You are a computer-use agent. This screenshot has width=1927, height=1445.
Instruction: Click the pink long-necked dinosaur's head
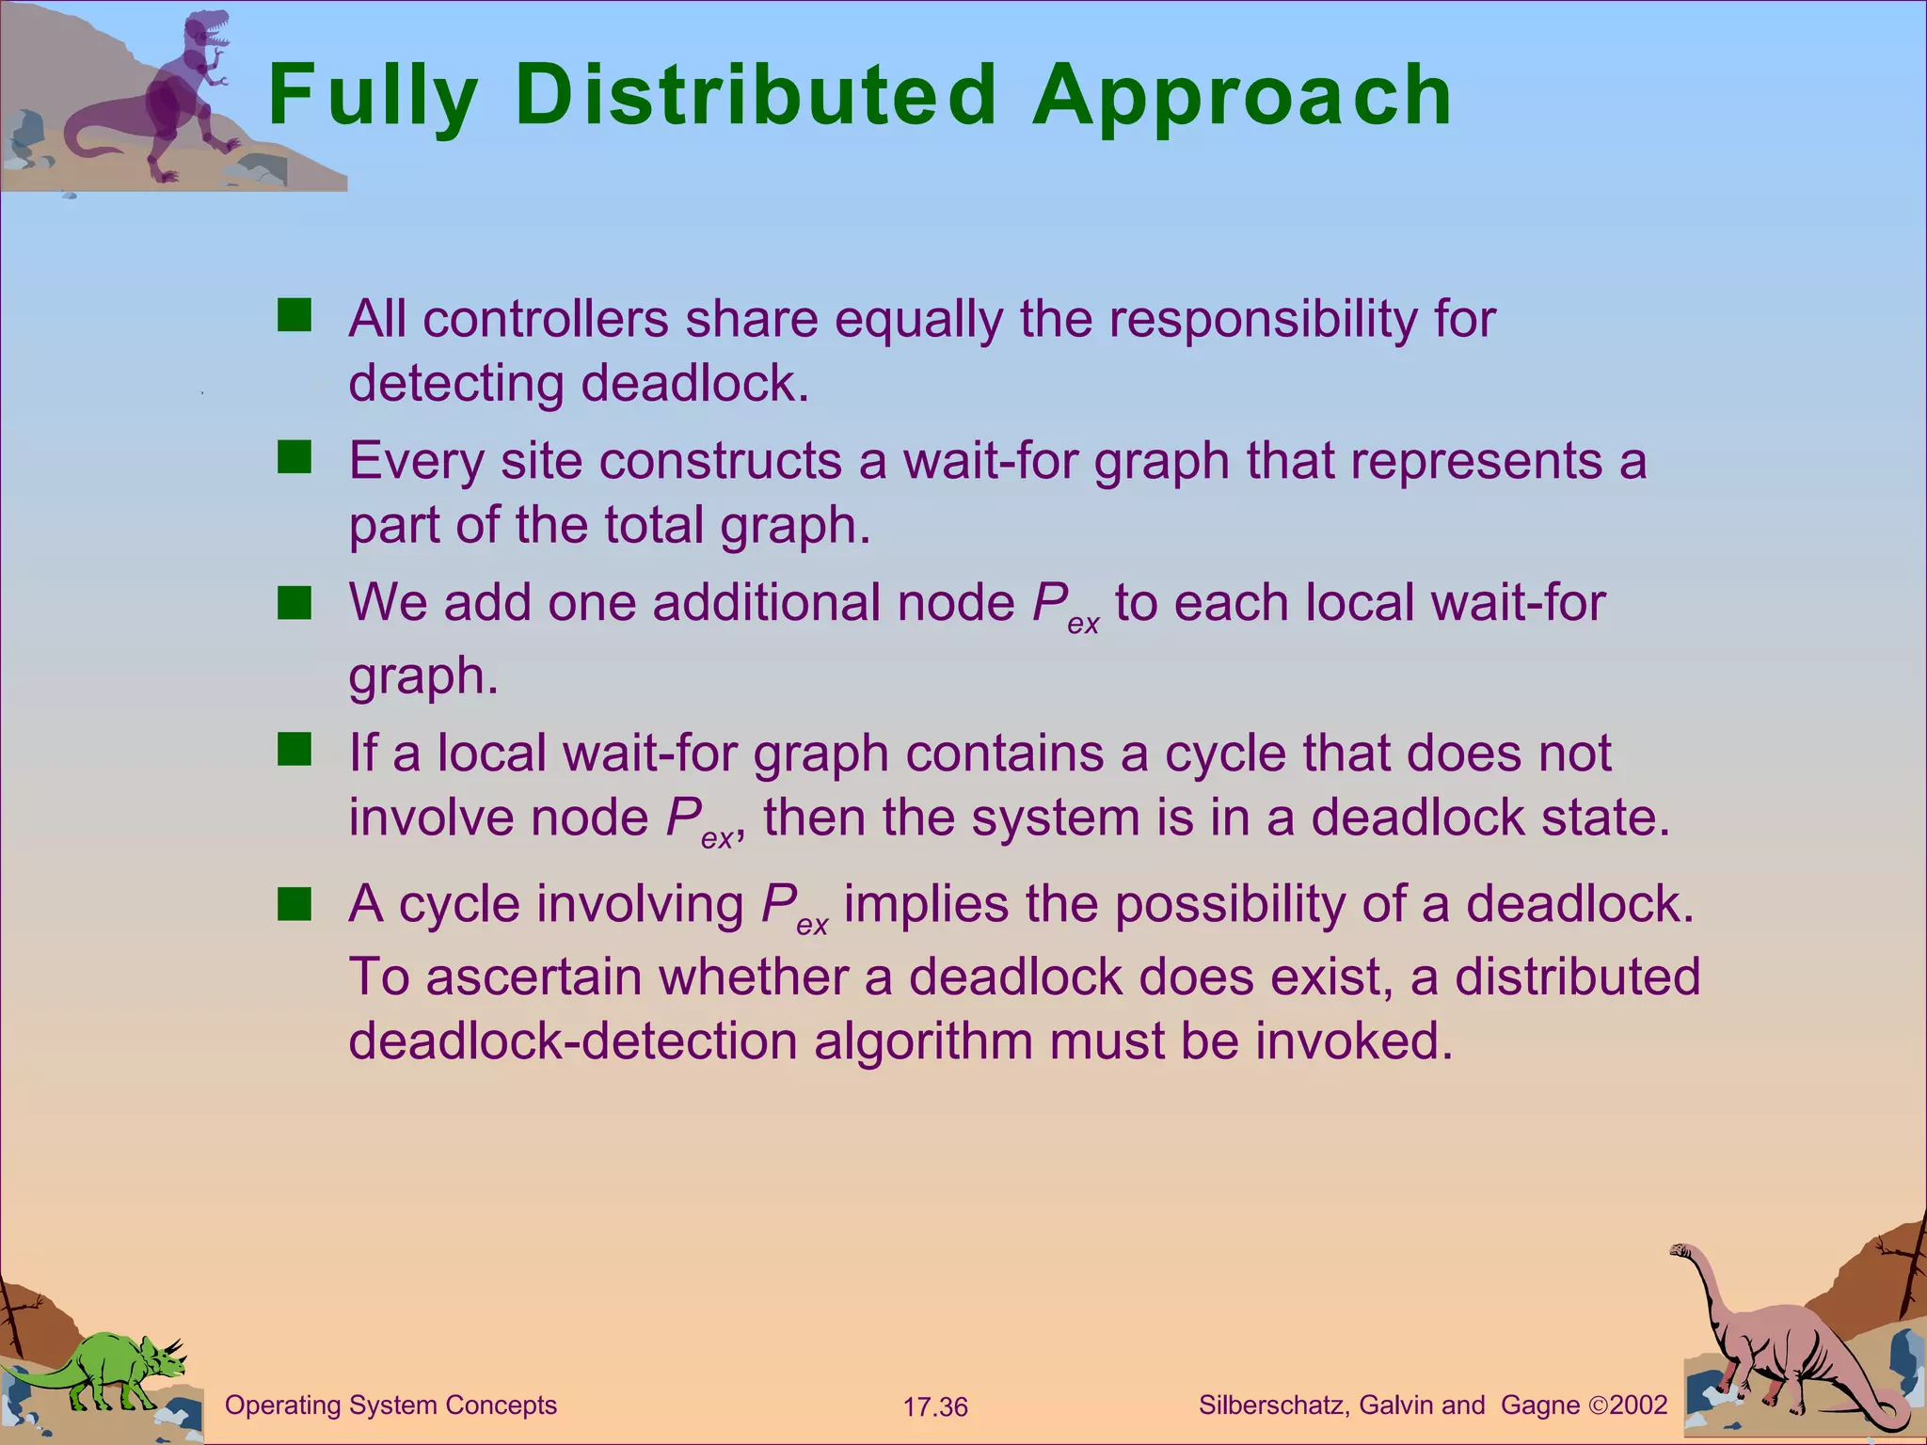pyautogui.click(x=1680, y=1251)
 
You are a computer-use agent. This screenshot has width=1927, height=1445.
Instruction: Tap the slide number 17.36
pyautogui.click(x=934, y=1407)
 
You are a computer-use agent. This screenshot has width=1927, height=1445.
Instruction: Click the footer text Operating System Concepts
pyautogui.click(x=390, y=1405)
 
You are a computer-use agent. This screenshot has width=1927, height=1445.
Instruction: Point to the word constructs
pyautogui.click(x=720, y=461)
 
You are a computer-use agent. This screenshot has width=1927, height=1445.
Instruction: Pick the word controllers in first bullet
pyautogui.click(x=546, y=320)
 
